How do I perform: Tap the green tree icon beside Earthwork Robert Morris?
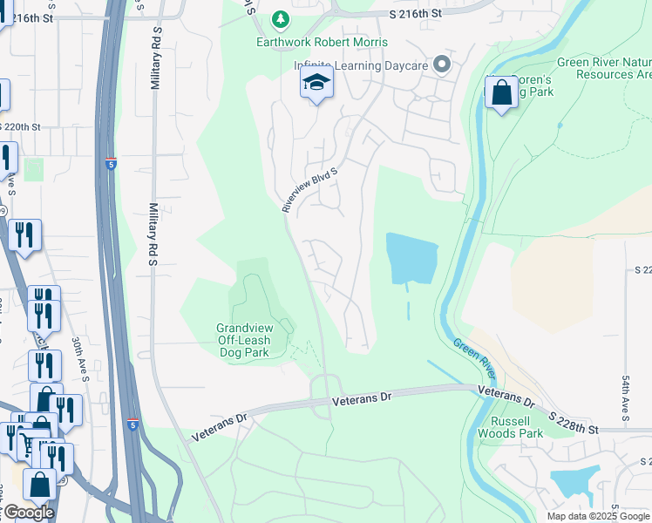280,19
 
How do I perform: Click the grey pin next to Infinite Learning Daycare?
442,64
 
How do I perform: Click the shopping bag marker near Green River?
502,93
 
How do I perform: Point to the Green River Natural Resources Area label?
604,68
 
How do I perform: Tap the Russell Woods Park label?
511,425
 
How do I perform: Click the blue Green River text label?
474,357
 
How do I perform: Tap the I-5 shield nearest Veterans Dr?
132,424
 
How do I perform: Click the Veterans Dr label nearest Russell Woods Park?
505,398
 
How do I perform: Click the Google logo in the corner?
28,513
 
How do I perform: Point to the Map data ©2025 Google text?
598,516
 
